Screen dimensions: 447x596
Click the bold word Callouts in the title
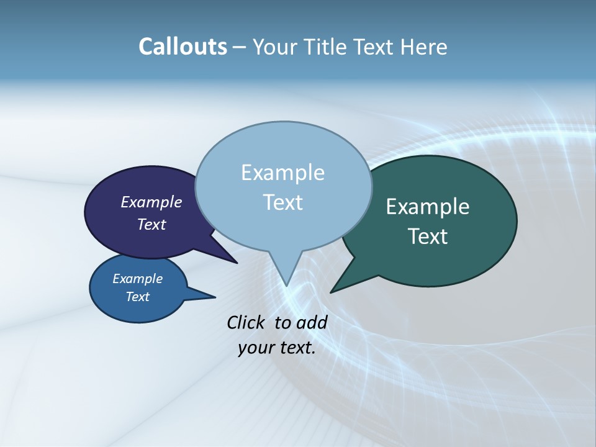(183, 47)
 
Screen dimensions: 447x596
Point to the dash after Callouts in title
(240, 47)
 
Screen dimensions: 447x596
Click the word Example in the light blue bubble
(282, 173)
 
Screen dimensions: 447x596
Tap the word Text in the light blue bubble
(282, 202)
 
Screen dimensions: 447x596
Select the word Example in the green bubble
(428, 207)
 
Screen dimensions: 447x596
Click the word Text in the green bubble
(428, 237)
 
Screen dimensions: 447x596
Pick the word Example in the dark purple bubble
(151, 202)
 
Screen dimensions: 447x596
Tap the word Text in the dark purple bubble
(151, 224)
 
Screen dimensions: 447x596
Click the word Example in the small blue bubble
(137, 279)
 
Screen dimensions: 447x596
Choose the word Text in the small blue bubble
(137, 297)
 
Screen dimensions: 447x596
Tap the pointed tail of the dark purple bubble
(227, 256)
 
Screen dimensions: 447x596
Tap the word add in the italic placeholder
(312, 322)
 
